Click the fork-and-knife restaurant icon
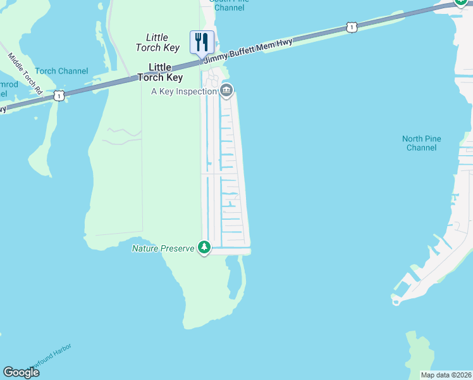coord(202,42)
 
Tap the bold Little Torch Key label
coord(166,72)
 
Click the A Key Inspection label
coord(184,91)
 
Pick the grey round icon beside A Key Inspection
coord(226,91)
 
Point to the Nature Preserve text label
coord(163,248)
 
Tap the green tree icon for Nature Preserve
coord(204,247)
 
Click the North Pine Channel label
coord(421,143)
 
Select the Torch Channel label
coord(61,71)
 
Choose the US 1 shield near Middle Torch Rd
coord(58,96)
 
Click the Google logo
coord(21,372)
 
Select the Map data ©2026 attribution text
coord(446,375)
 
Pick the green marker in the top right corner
coord(462,3)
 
